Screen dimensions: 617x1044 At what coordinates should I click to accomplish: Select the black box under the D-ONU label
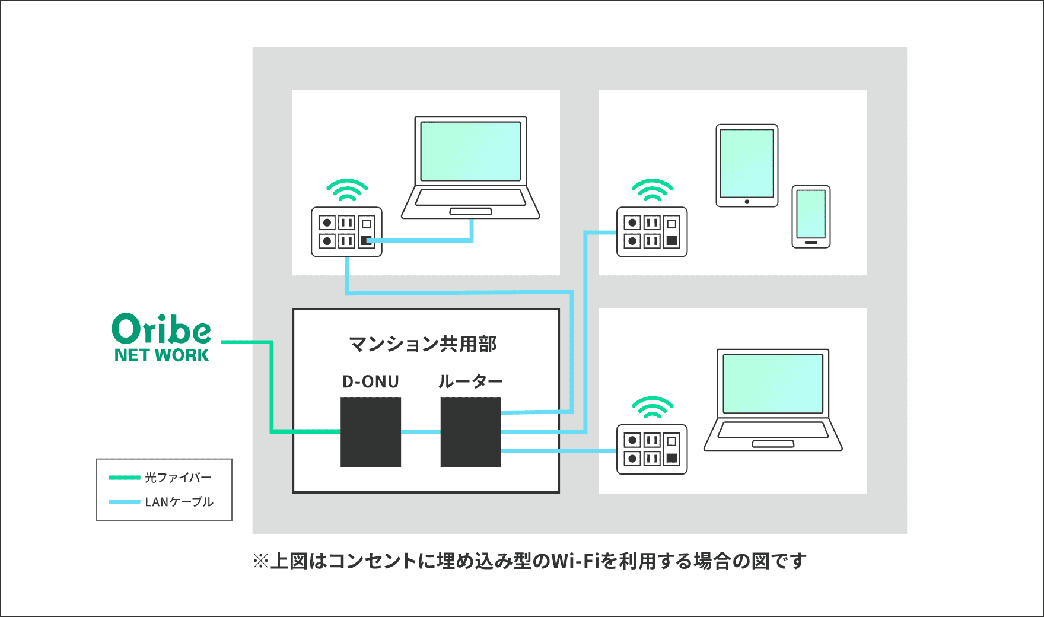[x=371, y=432]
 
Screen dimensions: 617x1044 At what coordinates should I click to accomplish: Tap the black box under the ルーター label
[x=471, y=432]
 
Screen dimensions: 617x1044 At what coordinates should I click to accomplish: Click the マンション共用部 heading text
[x=422, y=344]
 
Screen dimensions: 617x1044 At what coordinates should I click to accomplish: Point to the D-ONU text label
[x=371, y=381]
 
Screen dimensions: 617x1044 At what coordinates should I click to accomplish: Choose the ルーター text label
[x=470, y=381]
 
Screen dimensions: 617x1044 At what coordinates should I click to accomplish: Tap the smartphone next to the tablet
[x=811, y=217]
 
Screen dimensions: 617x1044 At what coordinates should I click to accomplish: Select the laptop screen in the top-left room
[x=470, y=151]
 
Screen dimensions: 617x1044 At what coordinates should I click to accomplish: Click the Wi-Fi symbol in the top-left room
[x=347, y=190]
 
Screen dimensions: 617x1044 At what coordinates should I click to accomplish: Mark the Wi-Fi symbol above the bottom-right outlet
[x=652, y=408]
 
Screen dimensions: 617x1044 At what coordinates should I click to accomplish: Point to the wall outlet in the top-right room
[x=652, y=232]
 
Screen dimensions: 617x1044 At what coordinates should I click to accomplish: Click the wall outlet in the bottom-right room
[x=652, y=449]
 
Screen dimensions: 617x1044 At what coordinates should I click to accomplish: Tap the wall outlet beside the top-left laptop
[x=347, y=232]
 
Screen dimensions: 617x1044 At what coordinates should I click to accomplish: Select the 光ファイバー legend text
[x=178, y=478]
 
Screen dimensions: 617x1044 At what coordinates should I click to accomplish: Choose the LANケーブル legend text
[x=179, y=502]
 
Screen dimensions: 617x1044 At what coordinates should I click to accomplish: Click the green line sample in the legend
[x=125, y=478]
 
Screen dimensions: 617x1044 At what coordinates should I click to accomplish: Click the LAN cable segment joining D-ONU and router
[x=421, y=432]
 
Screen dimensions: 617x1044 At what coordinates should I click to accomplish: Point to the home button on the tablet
[x=747, y=202]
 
